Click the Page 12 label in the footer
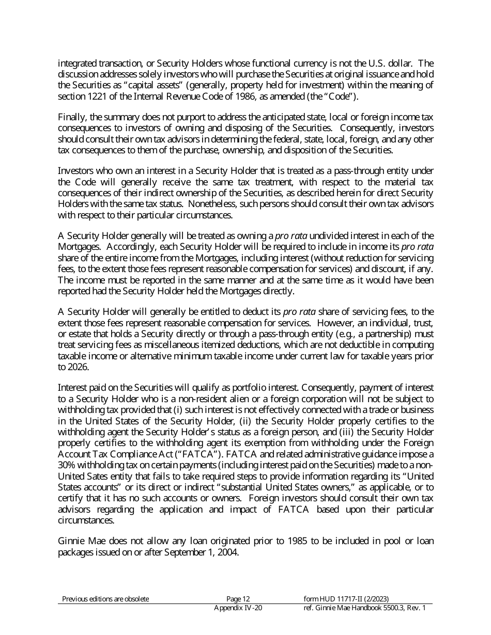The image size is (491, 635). tap(238, 599)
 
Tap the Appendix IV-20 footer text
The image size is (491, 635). tap(238, 608)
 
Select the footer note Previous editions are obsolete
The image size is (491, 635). tap(105, 599)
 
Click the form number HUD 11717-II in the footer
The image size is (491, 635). tap(336, 599)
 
